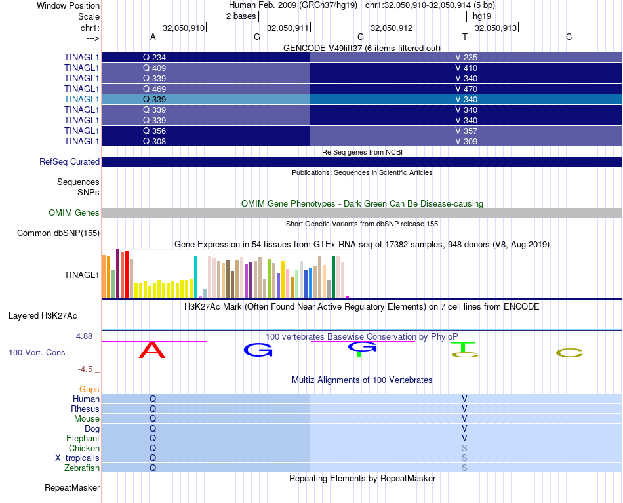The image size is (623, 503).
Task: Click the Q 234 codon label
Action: click(154, 58)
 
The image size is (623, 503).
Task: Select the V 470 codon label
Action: click(466, 89)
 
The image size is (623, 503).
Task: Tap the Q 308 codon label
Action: click(154, 142)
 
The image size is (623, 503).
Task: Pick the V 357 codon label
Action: click(466, 131)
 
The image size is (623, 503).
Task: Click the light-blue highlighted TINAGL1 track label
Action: click(81, 100)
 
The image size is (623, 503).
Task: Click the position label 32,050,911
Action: click(288, 28)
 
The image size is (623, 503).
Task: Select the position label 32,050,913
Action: click(496, 28)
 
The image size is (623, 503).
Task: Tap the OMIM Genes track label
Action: click(74, 213)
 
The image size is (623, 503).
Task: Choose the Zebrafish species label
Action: click(83, 468)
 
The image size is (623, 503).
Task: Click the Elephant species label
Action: click(83, 439)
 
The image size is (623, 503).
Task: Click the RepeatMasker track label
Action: click(72, 488)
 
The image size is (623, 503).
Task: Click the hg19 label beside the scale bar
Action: click(482, 16)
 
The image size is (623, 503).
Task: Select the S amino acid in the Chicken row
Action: click(464, 449)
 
